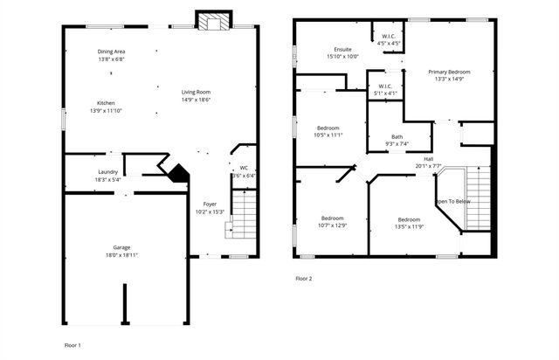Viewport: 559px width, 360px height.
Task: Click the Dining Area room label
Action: [111, 52]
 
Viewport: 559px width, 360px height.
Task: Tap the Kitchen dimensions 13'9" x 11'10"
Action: [107, 111]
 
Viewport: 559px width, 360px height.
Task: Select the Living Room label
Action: [196, 92]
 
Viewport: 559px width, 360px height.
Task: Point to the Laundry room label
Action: [107, 171]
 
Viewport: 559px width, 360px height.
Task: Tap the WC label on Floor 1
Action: [244, 167]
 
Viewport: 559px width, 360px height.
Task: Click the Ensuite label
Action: [342, 49]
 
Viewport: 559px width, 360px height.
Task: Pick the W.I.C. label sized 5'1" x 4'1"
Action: [385, 86]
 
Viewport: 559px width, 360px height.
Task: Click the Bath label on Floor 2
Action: [397, 136]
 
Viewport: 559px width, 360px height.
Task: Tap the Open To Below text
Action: [452, 201]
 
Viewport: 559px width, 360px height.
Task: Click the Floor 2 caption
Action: [303, 278]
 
